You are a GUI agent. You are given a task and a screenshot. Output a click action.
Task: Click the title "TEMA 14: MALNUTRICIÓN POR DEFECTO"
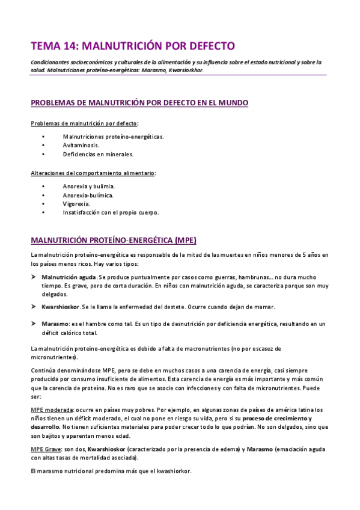pos(132,46)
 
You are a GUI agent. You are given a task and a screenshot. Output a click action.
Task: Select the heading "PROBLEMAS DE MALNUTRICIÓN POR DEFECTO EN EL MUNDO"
pos(139,103)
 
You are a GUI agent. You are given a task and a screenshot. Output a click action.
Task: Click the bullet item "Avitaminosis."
pos(81,145)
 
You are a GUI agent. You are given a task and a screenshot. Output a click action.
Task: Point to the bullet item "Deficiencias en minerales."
pos(98,154)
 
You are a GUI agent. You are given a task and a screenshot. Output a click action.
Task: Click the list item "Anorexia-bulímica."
pos(88,195)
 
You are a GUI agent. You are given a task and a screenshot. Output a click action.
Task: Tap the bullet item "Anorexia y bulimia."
pos(88,186)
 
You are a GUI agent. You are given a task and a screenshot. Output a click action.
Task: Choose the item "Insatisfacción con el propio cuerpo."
pos(111,212)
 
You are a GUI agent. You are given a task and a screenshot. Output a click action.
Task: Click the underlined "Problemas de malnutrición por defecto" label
pos(84,124)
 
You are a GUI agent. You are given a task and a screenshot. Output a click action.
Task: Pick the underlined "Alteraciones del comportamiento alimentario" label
pos(93,173)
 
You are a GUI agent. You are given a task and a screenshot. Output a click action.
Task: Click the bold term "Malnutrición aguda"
pos(69,277)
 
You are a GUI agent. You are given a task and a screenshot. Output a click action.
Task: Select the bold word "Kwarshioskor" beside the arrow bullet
pos(61,307)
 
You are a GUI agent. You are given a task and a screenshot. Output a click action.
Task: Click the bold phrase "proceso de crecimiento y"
pos(276,418)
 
